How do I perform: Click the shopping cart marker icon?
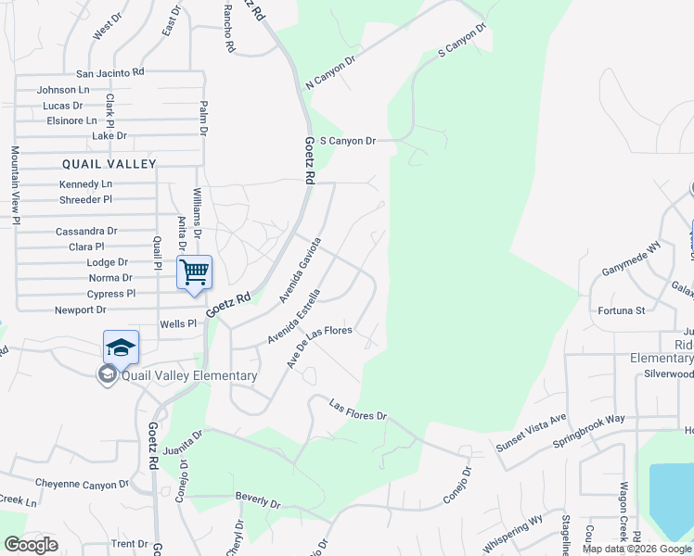point(194,272)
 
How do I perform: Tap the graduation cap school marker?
point(121,347)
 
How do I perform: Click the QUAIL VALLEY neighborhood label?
point(109,163)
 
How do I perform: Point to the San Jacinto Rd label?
point(110,72)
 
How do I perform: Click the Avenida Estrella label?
point(295,316)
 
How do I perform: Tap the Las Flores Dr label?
point(358,409)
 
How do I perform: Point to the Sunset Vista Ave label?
point(531,431)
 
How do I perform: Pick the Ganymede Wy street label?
point(630,259)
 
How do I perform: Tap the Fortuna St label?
point(621,310)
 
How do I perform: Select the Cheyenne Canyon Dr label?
point(83,484)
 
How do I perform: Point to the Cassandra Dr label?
point(86,231)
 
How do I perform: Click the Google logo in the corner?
point(31,545)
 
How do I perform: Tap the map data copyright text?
point(636,549)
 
